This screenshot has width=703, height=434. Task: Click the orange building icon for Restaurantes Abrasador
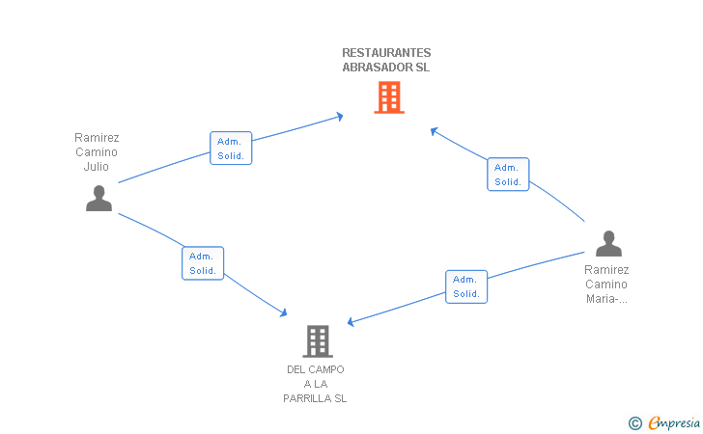pyautogui.click(x=389, y=97)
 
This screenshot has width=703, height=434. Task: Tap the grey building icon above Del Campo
pyautogui.click(x=318, y=341)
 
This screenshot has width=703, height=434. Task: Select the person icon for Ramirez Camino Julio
pyautogui.click(x=99, y=198)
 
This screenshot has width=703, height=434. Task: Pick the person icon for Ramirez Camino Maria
pyautogui.click(x=608, y=243)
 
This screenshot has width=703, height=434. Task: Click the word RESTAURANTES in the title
pyautogui.click(x=386, y=53)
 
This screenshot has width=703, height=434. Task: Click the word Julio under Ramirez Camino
pyautogui.click(x=96, y=167)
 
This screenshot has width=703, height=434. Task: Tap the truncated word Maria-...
pyautogui.click(x=606, y=299)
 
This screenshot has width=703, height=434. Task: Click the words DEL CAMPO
pyautogui.click(x=316, y=369)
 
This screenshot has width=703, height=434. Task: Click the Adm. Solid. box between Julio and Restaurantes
pyautogui.click(x=231, y=149)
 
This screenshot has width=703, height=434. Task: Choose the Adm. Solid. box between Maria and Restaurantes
pyautogui.click(x=508, y=175)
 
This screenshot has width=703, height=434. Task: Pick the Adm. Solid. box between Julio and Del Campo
pyautogui.click(x=203, y=263)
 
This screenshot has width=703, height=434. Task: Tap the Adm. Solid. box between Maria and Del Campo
pyautogui.click(x=466, y=286)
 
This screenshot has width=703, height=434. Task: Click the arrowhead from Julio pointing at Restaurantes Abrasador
pyautogui.click(x=340, y=117)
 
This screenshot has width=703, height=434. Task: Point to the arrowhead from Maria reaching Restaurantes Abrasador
pyautogui.click(x=434, y=131)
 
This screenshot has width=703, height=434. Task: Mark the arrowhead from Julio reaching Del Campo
pyautogui.click(x=283, y=312)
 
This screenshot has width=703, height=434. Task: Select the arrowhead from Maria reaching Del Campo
pyautogui.click(x=351, y=321)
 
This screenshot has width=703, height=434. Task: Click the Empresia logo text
pyautogui.click(x=674, y=422)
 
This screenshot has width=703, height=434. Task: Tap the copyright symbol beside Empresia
pyautogui.click(x=635, y=423)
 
